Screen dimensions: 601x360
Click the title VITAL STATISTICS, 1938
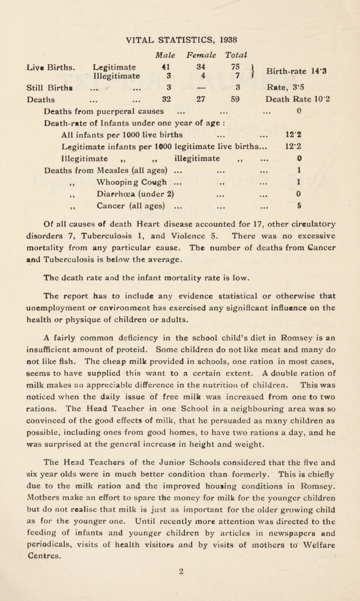[180, 12]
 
